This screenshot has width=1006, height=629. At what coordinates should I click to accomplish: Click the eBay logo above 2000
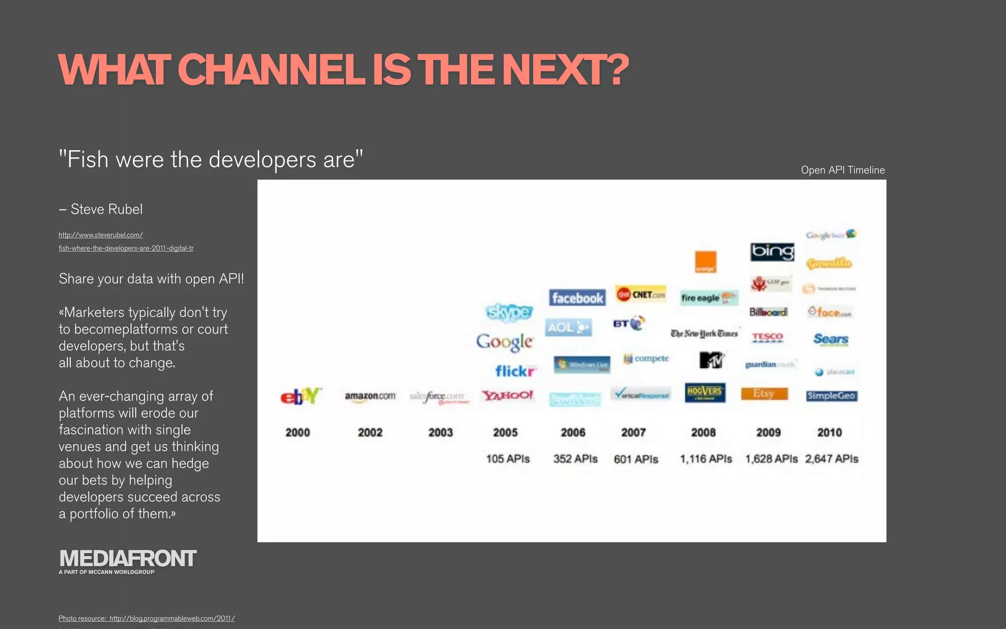pos(300,396)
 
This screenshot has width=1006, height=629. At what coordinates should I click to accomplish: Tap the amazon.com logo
pos(370,396)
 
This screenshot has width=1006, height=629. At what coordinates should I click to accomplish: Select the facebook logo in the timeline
pos(577,298)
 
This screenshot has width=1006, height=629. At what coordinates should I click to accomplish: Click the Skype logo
pos(509,312)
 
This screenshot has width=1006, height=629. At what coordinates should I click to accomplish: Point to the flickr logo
pos(515,371)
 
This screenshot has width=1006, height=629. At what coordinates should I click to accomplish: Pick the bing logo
pos(772,252)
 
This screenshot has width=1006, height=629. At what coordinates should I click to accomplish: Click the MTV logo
pos(711,360)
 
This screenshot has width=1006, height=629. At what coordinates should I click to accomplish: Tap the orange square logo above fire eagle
pos(705,261)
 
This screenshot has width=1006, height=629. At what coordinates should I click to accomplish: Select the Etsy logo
pos(764,394)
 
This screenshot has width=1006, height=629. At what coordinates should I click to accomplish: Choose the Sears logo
pos(831,339)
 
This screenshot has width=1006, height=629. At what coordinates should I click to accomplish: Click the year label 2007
pos(633,432)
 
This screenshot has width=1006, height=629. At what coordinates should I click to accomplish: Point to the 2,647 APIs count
pos(832,459)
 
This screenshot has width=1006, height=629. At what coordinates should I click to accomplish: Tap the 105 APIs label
pos(508,459)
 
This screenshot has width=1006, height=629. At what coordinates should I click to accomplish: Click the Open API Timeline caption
pos(842,170)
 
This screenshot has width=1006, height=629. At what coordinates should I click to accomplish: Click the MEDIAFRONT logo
pos(128,559)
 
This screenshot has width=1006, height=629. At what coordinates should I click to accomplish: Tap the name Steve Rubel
pos(107,209)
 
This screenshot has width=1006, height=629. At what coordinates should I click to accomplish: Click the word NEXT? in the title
pos(565,70)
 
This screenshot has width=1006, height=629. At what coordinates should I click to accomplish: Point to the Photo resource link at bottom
pos(146,618)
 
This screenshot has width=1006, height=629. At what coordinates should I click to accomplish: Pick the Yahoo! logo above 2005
pos(507,395)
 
